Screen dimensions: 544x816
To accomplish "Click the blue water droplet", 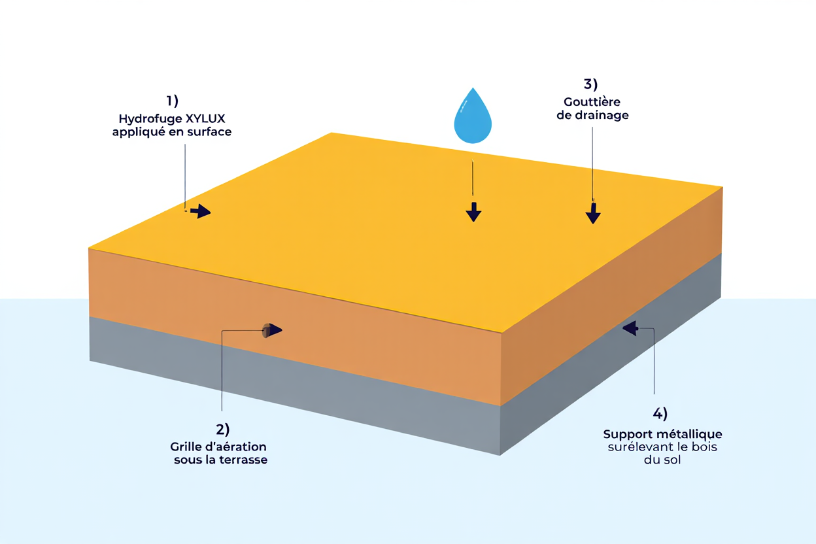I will [x=473, y=118].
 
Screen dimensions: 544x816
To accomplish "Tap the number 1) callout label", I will [x=172, y=101].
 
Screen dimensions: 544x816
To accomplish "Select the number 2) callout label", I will [x=223, y=430].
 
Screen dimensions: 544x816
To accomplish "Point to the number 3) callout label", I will [x=590, y=84].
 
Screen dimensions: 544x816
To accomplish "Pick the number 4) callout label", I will [x=660, y=413].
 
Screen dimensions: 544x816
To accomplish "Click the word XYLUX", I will [x=209, y=119].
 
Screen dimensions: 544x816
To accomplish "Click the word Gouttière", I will [x=592, y=102].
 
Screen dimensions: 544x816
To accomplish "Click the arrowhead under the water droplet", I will [x=473, y=213].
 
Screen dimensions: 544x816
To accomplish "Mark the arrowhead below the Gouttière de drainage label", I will [x=593, y=215].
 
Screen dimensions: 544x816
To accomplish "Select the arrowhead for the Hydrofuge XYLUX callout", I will [x=203, y=211].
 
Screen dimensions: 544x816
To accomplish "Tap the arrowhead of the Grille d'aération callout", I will [x=275, y=330].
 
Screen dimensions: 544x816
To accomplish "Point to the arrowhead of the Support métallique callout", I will [x=630, y=328].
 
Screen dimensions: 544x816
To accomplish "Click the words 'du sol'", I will [x=662, y=460].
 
